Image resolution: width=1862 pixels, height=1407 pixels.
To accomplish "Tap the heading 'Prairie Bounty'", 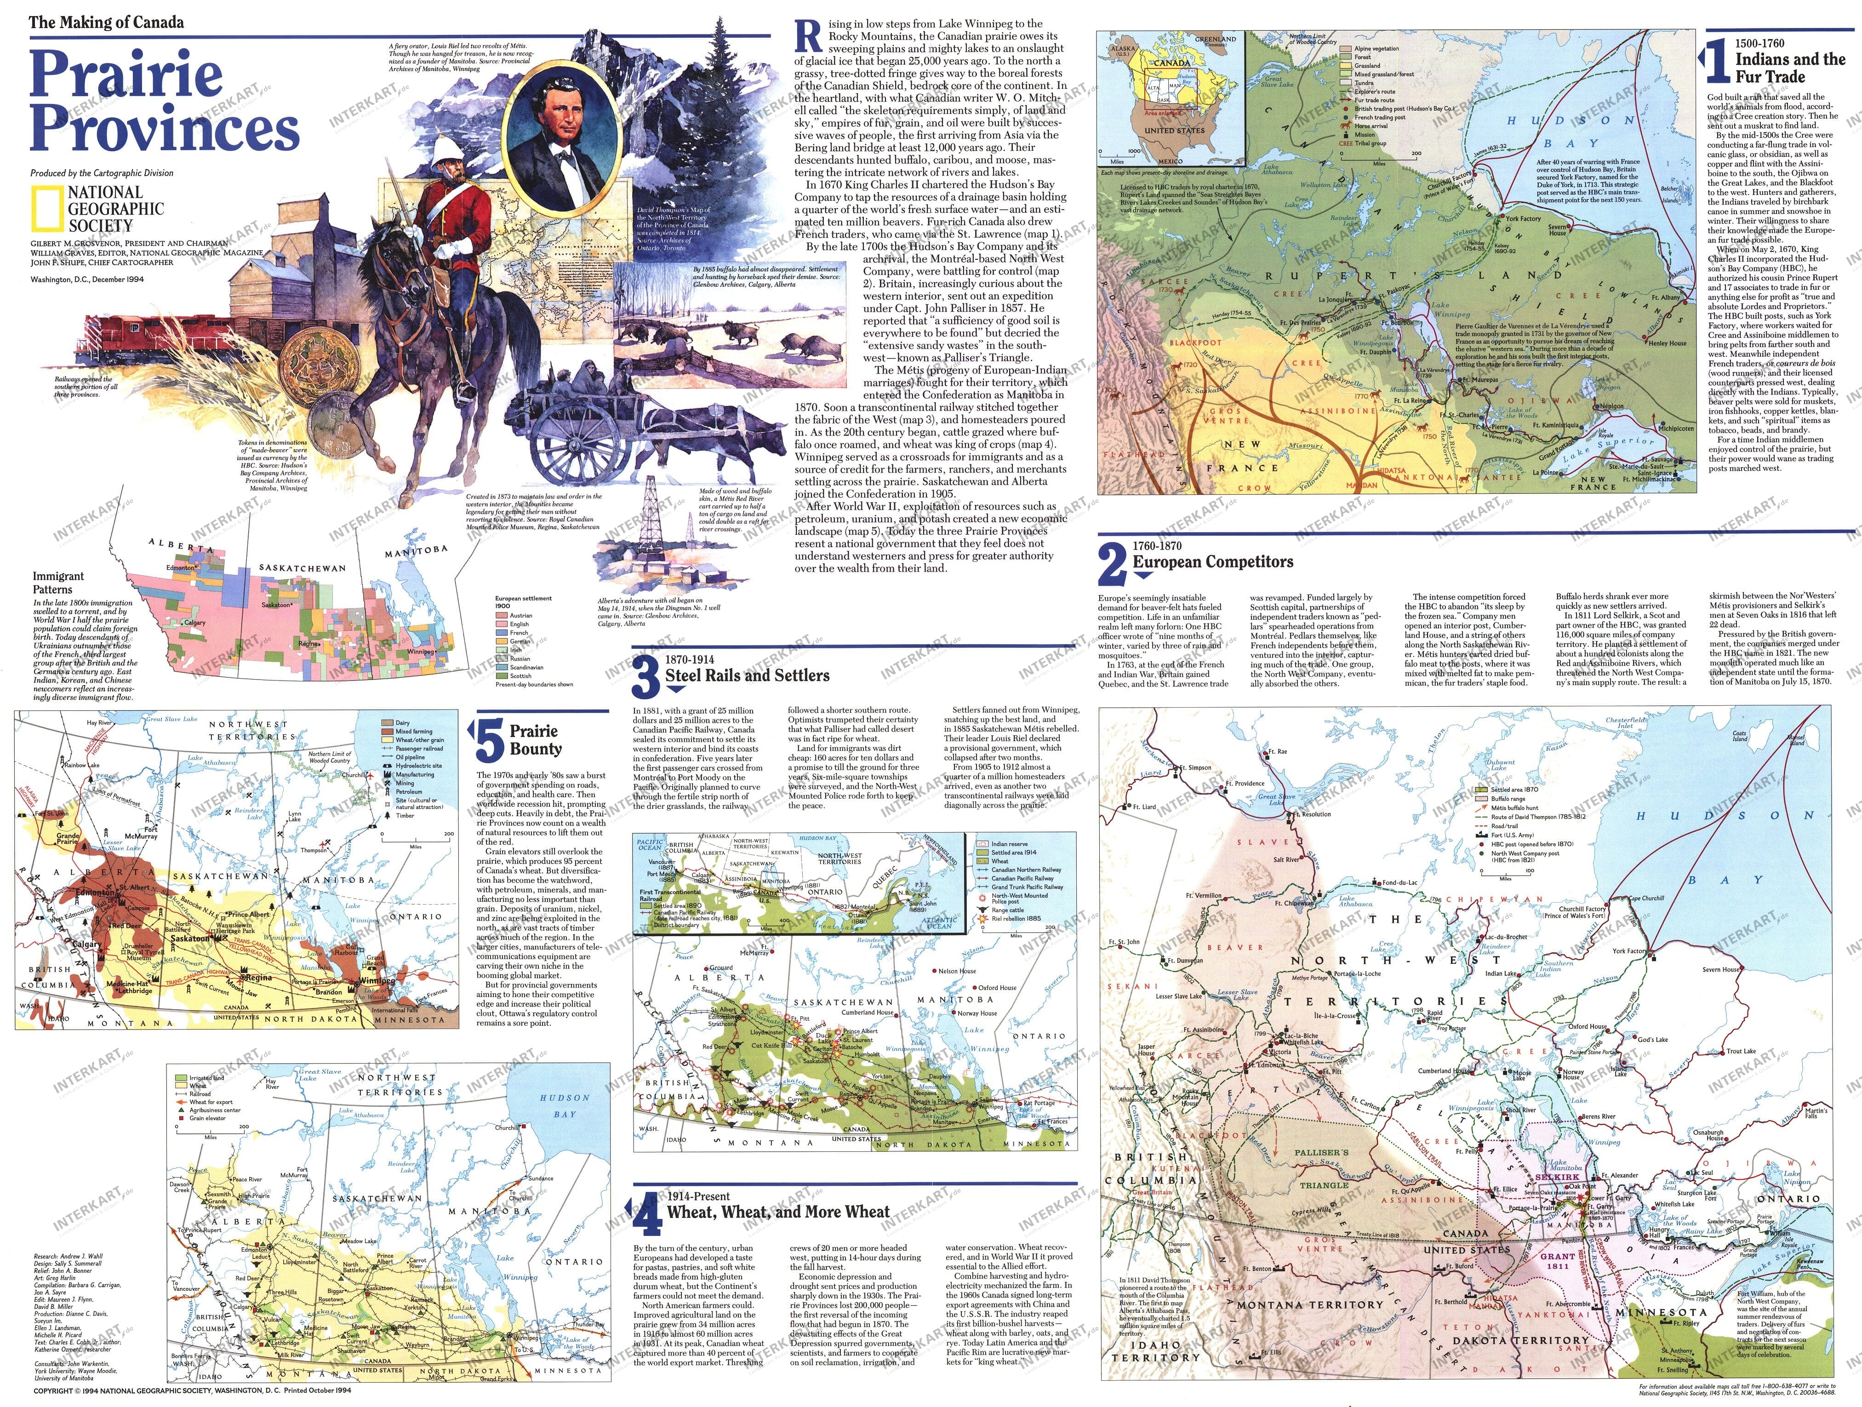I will (534, 739).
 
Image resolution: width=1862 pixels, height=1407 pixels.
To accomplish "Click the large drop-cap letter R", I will (808, 38).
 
